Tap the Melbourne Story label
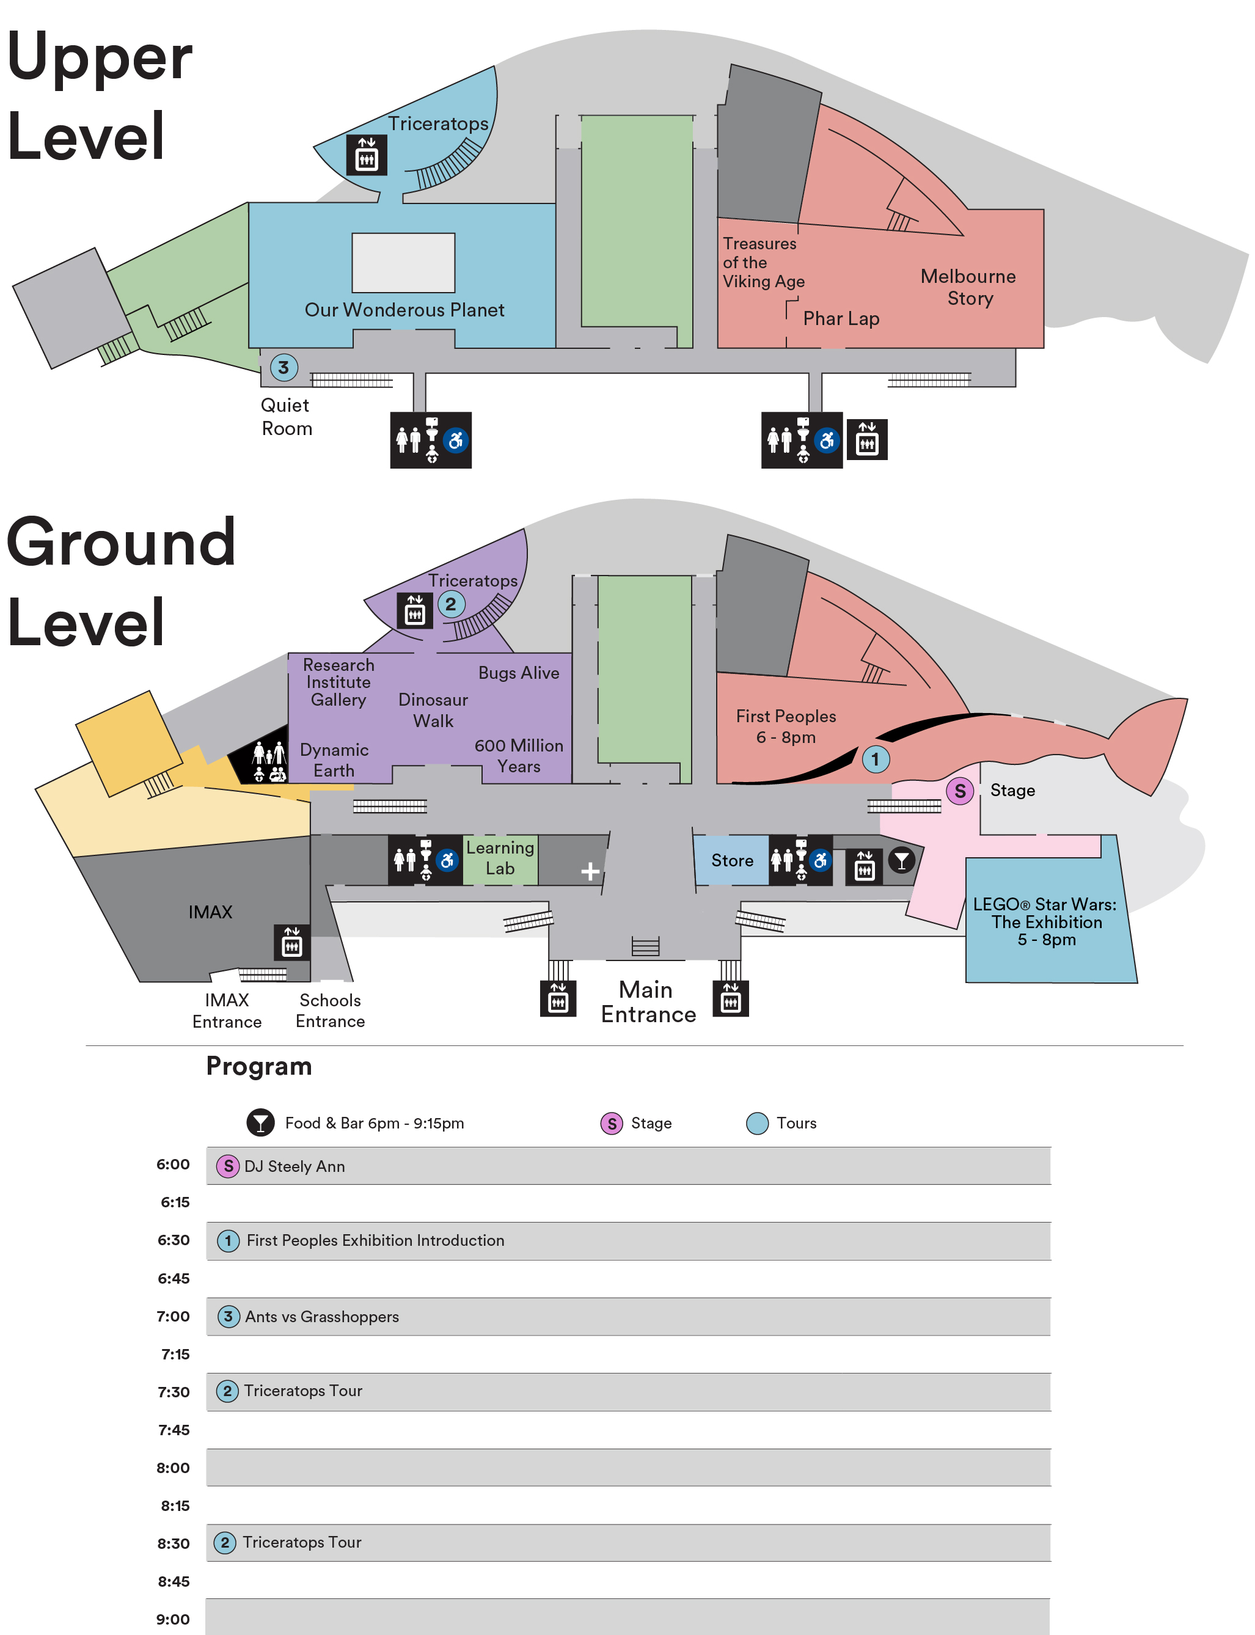[x=968, y=287]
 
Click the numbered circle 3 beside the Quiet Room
[x=284, y=367]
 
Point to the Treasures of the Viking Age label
[x=761, y=262]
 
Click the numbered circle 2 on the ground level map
[x=450, y=604]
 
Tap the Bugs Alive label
[x=518, y=673]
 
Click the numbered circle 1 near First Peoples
[x=876, y=759]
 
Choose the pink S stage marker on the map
[x=960, y=791]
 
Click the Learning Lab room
[x=500, y=858]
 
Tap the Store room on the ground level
[x=731, y=860]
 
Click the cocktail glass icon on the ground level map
[x=902, y=860]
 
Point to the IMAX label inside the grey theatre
[x=210, y=912]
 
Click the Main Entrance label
[x=648, y=1001]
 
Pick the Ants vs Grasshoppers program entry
[x=322, y=1317]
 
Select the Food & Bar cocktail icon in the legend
[x=260, y=1122]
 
